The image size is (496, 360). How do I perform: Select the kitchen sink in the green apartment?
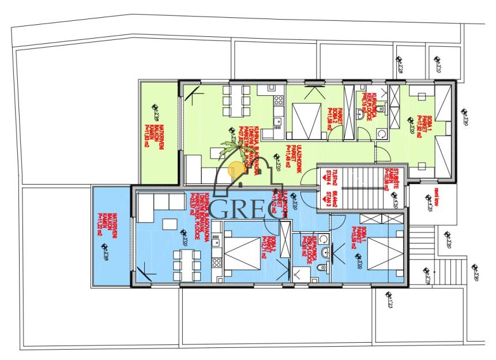(x=277, y=121)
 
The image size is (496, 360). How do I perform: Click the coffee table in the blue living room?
(x=172, y=223)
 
